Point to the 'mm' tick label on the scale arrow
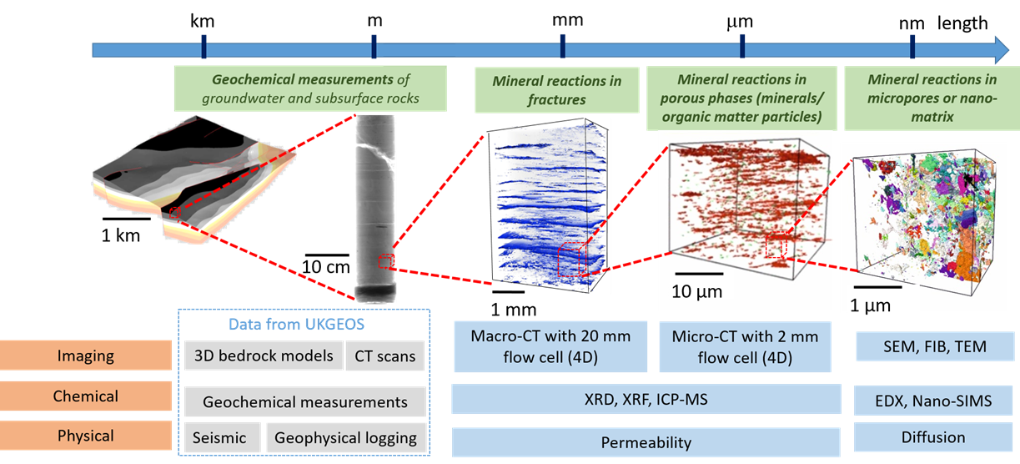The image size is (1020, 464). tap(568, 20)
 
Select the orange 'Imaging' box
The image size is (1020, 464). tap(85, 356)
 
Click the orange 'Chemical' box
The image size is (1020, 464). tap(85, 396)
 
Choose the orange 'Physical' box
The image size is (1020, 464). tap(85, 436)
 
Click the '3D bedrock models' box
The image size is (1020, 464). tap(263, 356)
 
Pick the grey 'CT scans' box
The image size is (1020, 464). tap(384, 356)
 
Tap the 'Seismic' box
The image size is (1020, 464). tap(219, 437)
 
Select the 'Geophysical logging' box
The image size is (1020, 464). tap(345, 437)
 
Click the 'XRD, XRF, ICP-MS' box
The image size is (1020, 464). tap(646, 400)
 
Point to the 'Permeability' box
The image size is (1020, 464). tap(646, 442)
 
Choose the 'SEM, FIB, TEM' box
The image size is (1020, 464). tap(933, 345)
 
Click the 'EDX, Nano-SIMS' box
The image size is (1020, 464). tap(933, 401)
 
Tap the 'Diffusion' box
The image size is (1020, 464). tap(933, 437)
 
